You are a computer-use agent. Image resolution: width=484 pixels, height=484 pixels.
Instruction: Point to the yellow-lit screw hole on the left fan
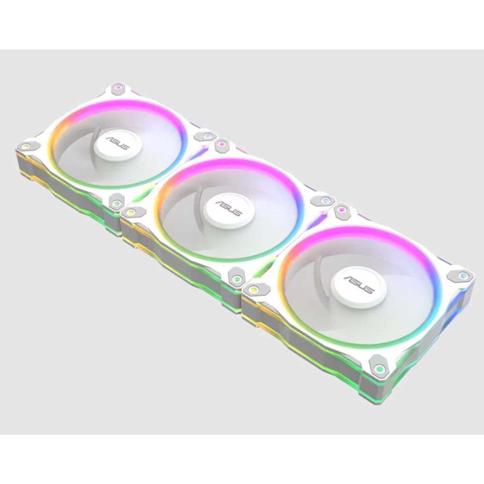[25, 146]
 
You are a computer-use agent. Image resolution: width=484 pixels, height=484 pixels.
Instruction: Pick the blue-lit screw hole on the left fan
[207, 136]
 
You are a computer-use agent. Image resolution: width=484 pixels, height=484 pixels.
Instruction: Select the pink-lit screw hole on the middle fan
[221, 143]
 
